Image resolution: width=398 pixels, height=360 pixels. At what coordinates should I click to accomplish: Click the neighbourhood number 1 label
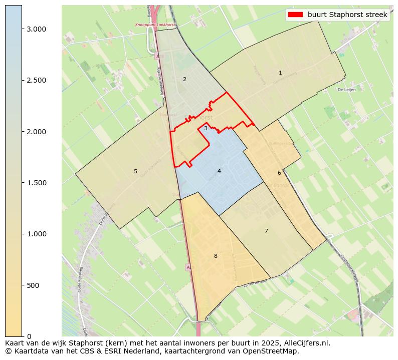(x=280, y=73)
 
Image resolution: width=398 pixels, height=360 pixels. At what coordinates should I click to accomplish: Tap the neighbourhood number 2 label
(x=184, y=79)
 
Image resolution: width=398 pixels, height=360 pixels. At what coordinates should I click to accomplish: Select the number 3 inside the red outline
(x=206, y=129)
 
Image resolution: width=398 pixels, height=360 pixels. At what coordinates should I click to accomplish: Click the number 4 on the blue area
(x=219, y=171)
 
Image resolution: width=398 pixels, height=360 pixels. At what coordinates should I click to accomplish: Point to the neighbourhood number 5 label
(x=135, y=171)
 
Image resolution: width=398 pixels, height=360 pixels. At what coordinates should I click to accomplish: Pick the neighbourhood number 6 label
(x=279, y=173)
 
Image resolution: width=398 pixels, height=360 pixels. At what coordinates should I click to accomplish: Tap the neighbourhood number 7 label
(x=266, y=231)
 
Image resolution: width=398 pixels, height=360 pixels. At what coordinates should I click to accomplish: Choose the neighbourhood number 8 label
(x=216, y=256)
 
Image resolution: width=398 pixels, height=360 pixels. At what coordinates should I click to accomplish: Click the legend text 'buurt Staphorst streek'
(x=347, y=15)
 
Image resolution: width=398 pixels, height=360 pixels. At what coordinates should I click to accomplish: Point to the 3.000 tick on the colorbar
(x=36, y=29)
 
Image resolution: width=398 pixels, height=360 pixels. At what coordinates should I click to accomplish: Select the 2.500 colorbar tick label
(x=36, y=81)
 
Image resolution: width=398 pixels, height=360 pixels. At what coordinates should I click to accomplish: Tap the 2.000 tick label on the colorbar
(x=36, y=132)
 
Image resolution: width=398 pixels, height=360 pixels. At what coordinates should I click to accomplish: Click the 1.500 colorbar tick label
(x=36, y=183)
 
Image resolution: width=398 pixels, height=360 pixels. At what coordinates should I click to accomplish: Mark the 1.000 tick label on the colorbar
(x=36, y=234)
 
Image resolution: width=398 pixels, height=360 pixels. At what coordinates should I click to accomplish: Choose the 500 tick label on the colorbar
(x=32, y=285)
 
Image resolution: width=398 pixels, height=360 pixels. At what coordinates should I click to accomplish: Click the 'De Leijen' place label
(x=346, y=90)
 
